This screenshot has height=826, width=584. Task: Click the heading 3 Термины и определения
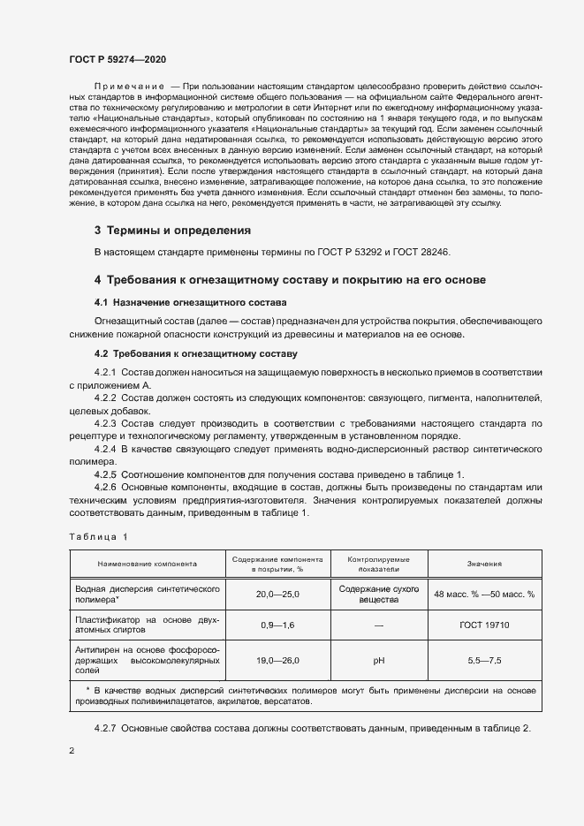click(172, 231)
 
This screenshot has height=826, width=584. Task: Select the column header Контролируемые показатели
click(379, 564)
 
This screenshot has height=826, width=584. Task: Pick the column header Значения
click(484, 563)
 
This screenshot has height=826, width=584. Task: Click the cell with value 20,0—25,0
click(278, 595)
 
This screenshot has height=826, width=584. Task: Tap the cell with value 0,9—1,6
click(278, 625)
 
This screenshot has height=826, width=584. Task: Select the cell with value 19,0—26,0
click(278, 659)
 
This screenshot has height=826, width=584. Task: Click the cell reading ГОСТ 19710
click(484, 625)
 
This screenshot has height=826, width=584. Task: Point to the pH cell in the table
click(379, 659)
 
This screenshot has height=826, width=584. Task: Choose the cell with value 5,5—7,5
click(484, 659)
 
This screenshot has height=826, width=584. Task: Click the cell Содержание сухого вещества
click(379, 594)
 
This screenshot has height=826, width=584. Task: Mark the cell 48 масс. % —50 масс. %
click(484, 595)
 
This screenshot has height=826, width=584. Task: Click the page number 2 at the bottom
click(72, 751)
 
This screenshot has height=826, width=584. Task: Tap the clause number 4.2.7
click(105, 727)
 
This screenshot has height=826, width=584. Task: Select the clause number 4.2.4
click(105, 450)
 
